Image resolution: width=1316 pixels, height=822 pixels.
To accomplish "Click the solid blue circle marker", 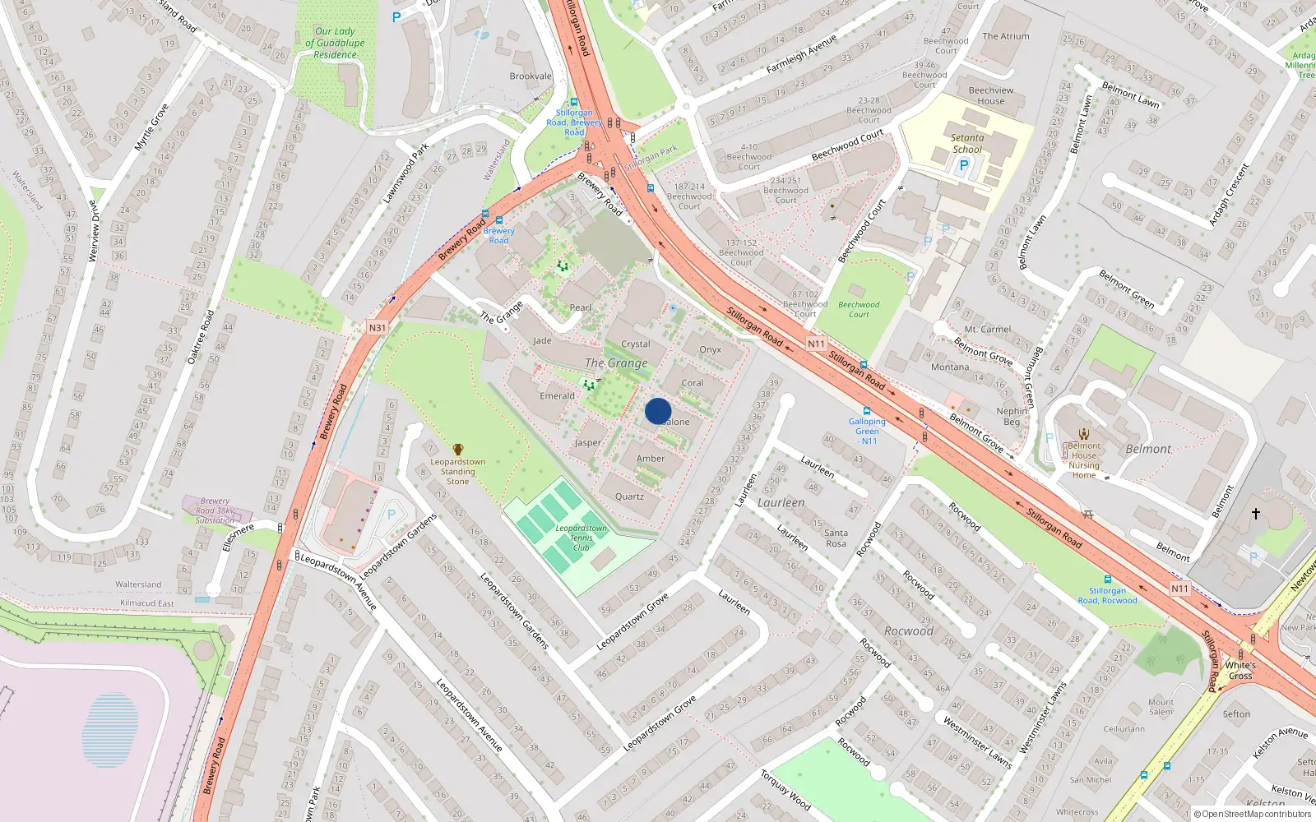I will [x=658, y=411].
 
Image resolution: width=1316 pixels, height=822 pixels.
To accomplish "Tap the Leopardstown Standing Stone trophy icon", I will [x=458, y=450].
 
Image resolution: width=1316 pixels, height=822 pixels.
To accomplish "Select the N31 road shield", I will [x=377, y=327].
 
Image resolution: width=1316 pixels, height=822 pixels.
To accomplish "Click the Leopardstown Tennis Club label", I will [x=581, y=538].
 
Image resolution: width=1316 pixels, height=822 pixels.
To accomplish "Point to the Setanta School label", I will [x=967, y=144].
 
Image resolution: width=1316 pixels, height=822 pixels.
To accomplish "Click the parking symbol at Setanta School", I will [x=964, y=165].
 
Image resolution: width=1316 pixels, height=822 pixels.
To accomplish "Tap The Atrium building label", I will [x=1005, y=36].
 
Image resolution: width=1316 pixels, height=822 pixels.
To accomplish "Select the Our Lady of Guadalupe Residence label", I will [x=335, y=44].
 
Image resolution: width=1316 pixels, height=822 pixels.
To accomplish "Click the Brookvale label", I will [x=531, y=76].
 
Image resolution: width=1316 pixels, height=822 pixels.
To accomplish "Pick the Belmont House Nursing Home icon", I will [x=1084, y=433].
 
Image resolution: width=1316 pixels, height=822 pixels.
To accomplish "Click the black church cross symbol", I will [x=1255, y=514].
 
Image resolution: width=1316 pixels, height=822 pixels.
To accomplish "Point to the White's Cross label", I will [x=1240, y=671].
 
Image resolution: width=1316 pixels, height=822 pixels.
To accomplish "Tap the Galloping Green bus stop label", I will [x=867, y=431].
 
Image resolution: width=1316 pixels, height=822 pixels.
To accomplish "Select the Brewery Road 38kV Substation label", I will [x=215, y=510].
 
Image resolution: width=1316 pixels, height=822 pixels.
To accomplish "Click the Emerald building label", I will [x=557, y=396].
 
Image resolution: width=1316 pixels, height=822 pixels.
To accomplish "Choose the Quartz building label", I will [x=629, y=496].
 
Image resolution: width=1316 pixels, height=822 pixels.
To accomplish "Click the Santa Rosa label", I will [x=836, y=538].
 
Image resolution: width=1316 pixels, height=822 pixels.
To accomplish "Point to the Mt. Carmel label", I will [x=988, y=330].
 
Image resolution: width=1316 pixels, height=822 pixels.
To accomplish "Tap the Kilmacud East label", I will [x=147, y=603].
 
